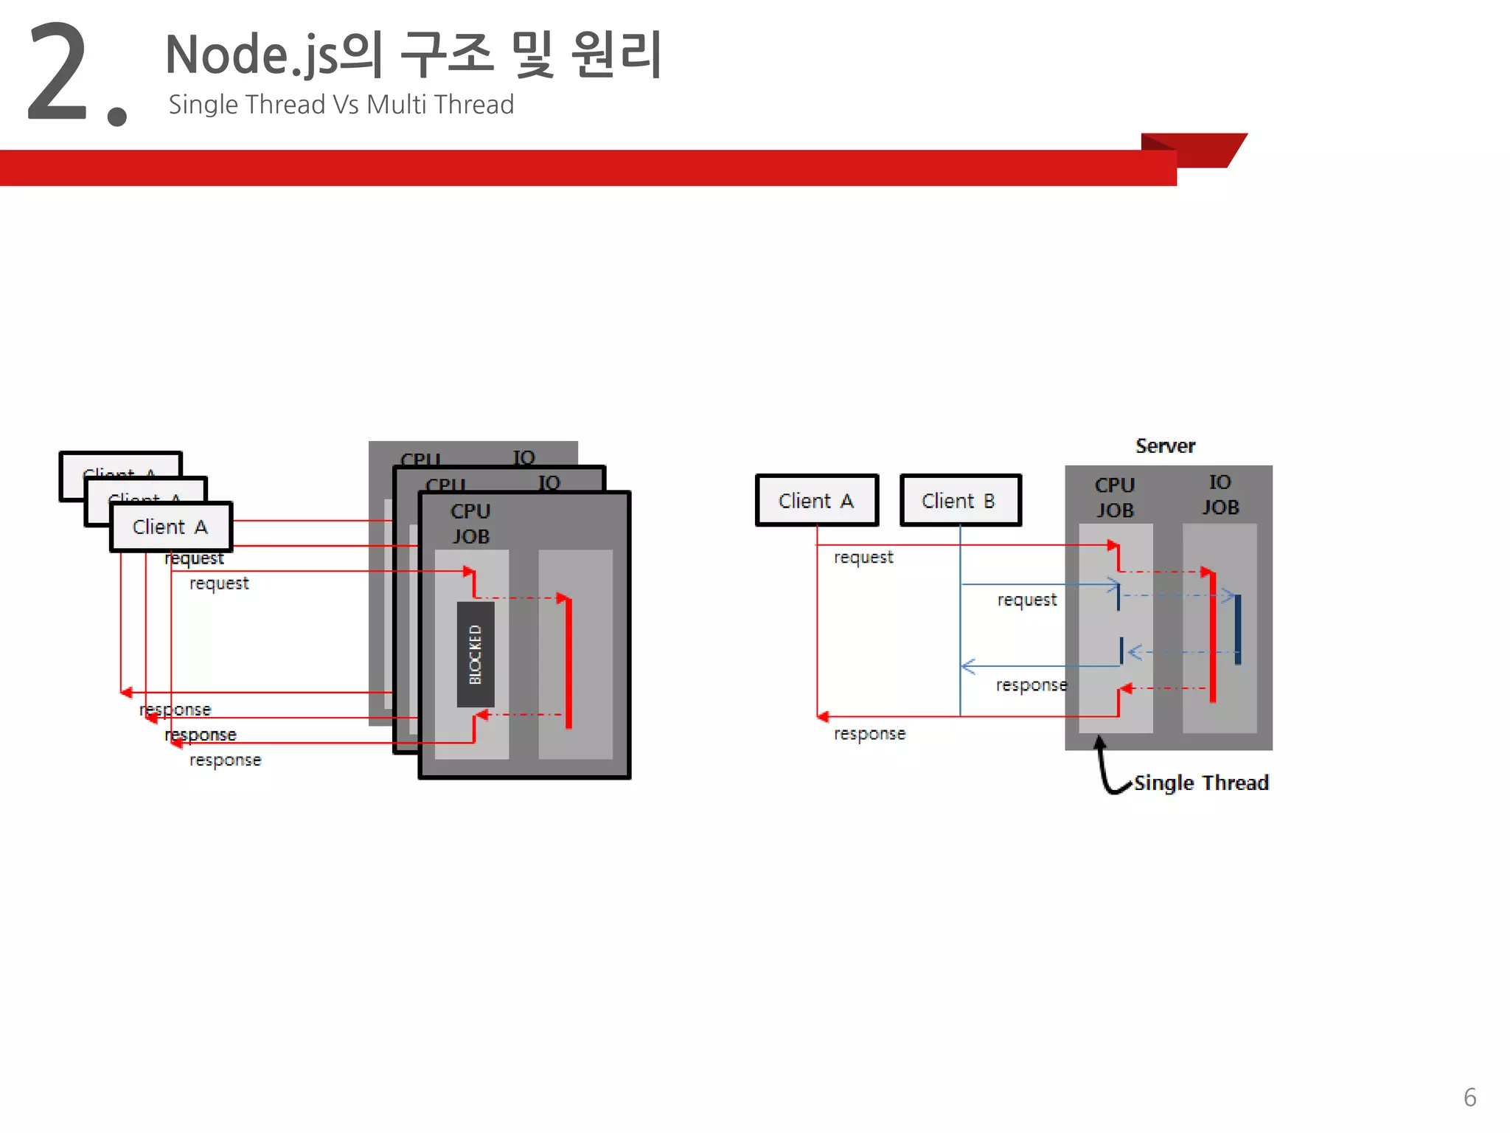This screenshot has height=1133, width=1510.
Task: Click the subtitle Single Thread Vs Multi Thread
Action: coord(341,105)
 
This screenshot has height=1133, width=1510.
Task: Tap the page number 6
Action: coord(1469,1097)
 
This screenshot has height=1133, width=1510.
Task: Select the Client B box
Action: coord(960,501)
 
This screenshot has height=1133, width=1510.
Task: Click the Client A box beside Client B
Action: coord(816,501)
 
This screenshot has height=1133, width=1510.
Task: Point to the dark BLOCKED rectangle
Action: coord(476,654)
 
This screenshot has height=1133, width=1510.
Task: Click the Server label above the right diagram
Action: coord(1165,446)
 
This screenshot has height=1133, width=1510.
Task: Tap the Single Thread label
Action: coord(1201,783)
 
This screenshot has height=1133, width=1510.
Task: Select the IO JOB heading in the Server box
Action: coord(1220,495)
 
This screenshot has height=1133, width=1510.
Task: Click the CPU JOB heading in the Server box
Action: coord(1114,498)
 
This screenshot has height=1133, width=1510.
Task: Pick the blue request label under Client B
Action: coord(1026,600)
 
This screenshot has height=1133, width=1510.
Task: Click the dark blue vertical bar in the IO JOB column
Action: coord(1238,629)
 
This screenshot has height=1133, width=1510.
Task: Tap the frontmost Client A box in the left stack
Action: coord(171,527)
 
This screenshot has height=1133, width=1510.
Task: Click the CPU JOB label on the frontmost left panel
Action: coord(470,524)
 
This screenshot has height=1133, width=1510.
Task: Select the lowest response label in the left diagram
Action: coord(225,760)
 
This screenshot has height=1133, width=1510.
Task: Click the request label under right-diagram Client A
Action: coord(863,558)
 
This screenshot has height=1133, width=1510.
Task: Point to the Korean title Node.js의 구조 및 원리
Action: coord(414,55)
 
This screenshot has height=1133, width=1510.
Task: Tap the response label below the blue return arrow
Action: coord(1031,685)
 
